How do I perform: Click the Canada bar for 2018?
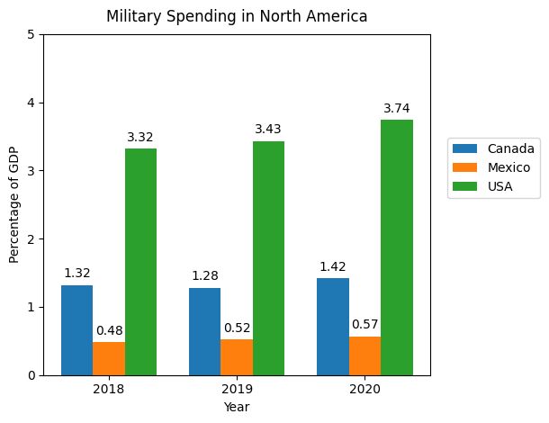click(x=76, y=330)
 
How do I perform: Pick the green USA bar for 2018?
click(x=140, y=262)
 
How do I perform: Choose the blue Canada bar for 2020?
click(x=333, y=327)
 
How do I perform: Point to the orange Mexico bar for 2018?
click(x=109, y=358)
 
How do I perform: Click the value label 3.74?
click(x=397, y=109)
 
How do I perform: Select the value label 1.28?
click(x=204, y=276)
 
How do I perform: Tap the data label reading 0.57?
click(x=364, y=324)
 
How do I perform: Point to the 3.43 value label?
click(x=268, y=130)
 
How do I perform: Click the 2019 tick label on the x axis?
click(x=237, y=389)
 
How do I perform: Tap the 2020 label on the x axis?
click(x=364, y=389)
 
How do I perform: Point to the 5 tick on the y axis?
click(x=31, y=35)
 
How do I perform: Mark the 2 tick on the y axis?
click(x=31, y=239)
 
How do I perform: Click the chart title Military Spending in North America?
click(x=237, y=16)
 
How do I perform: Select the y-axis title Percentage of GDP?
click(x=13, y=204)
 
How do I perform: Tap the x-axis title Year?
click(x=237, y=407)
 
